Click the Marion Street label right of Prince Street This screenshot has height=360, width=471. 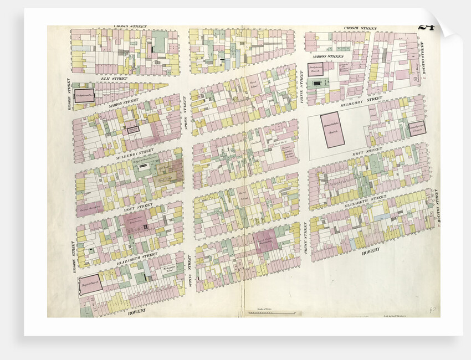point(327,56)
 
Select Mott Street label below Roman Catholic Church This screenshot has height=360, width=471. point(368,149)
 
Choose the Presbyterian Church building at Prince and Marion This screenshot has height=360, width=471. point(316,70)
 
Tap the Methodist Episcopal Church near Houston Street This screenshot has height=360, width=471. point(416,128)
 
